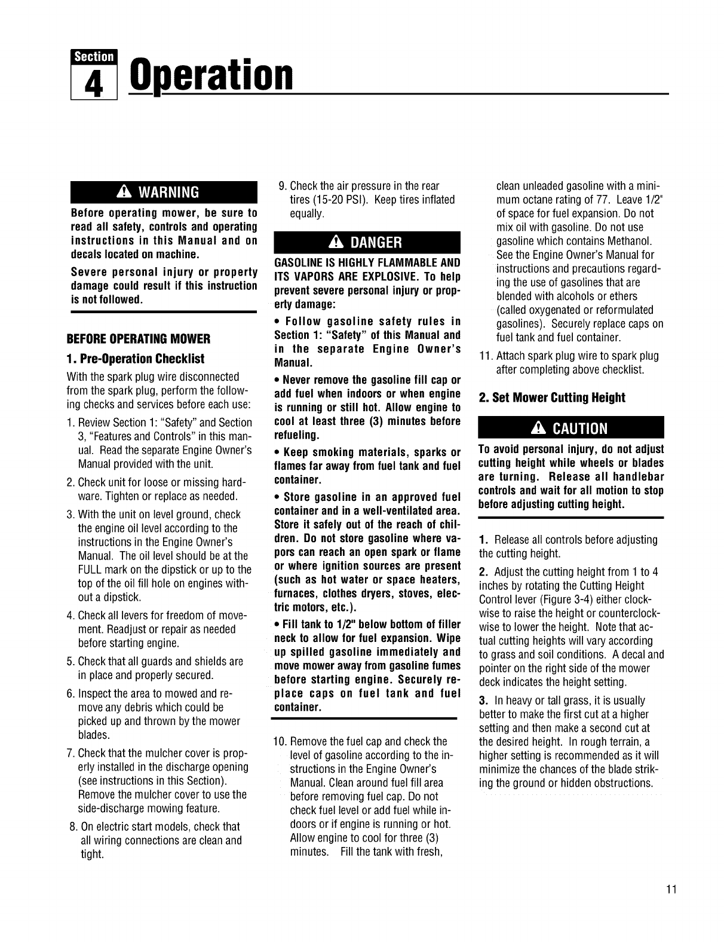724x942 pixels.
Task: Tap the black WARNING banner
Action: (x=163, y=192)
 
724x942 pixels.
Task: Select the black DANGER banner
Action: (x=367, y=242)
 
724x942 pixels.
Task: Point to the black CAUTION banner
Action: (x=571, y=428)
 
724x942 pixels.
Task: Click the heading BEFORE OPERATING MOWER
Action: (x=141, y=340)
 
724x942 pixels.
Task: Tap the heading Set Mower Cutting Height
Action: (x=552, y=398)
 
